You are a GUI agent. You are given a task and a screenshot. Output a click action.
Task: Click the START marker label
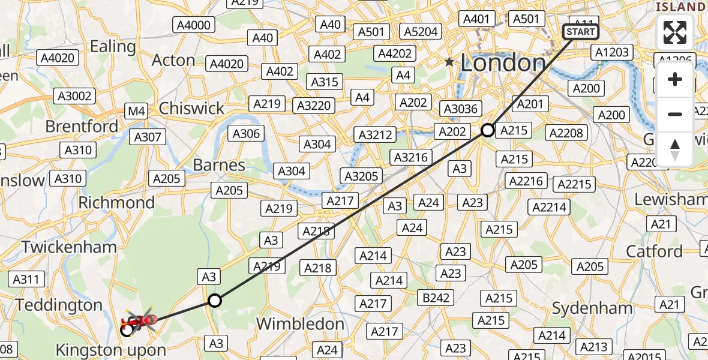(x=580, y=32)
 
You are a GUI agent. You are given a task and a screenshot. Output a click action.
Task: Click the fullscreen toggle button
(x=675, y=32)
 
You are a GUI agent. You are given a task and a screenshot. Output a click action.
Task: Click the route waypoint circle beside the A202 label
(x=488, y=130)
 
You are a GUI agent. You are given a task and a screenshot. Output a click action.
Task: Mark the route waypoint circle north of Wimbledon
(x=214, y=301)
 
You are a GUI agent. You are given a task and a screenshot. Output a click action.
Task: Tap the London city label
(x=503, y=63)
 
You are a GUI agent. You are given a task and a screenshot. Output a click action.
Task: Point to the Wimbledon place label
(x=300, y=324)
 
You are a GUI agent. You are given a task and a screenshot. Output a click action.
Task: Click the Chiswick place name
(x=191, y=109)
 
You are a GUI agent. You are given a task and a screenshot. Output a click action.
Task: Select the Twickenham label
(x=70, y=247)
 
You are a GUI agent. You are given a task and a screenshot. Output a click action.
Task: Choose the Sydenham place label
(x=592, y=309)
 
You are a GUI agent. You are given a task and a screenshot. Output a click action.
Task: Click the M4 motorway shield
(x=136, y=111)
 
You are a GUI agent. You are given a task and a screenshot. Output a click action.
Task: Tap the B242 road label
(x=434, y=298)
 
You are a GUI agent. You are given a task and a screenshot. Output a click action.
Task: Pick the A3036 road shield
(x=460, y=109)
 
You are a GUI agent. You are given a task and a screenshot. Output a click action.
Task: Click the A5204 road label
(x=422, y=32)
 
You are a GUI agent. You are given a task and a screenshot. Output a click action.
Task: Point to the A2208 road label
(x=566, y=133)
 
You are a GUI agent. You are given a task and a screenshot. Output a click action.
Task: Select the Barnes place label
(x=219, y=165)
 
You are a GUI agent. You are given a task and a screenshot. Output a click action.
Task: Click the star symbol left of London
(x=449, y=62)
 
